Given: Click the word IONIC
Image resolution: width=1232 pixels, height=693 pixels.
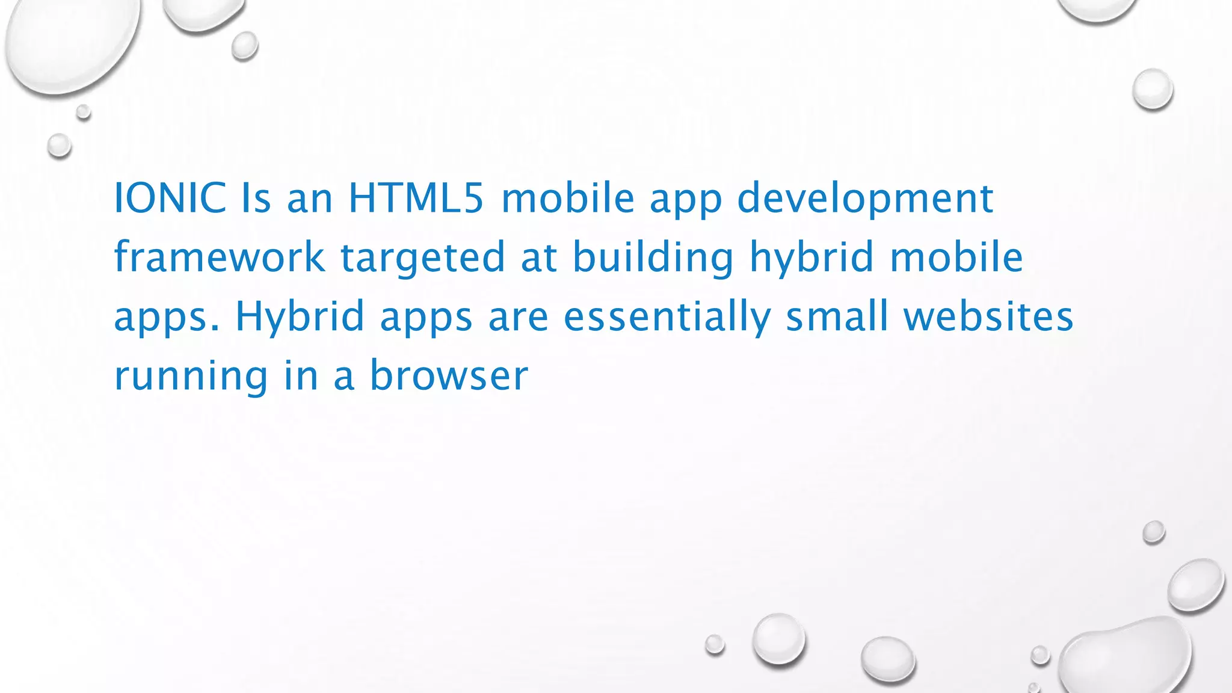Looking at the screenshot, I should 170,199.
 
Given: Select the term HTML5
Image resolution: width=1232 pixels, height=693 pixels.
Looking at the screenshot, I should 416,199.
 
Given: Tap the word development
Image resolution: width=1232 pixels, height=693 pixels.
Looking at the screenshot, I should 865,199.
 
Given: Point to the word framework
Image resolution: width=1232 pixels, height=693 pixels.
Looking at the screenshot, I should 220,257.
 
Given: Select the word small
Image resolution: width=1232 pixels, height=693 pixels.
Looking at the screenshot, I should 837,316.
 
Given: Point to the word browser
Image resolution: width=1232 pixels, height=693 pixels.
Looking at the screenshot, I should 449,375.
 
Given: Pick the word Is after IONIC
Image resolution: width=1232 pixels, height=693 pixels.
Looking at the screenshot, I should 256,199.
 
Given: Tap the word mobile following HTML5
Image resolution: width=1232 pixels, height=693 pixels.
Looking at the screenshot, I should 568,199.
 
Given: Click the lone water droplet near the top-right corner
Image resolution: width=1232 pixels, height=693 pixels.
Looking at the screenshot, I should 1153,89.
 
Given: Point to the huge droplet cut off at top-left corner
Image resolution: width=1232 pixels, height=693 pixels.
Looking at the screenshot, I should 69,42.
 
